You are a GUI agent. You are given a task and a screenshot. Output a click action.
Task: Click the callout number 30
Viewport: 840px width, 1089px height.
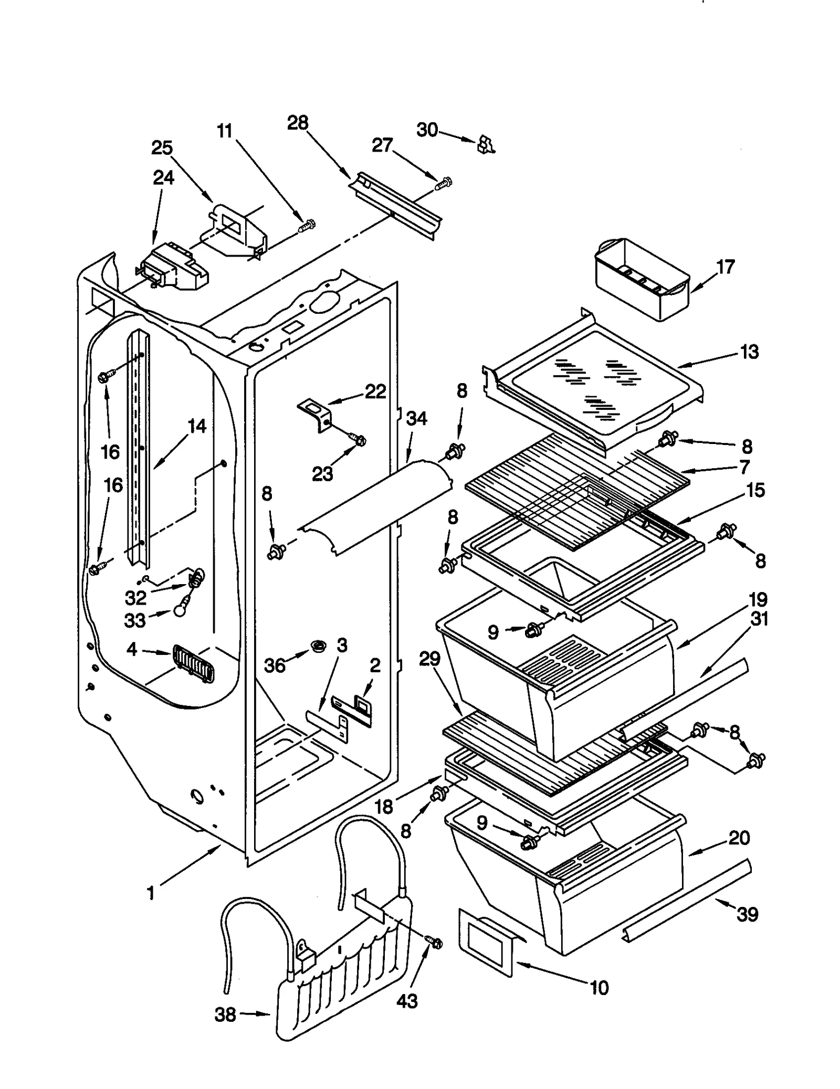pos(427,130)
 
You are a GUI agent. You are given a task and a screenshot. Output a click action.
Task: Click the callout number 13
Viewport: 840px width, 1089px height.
pos(749,352)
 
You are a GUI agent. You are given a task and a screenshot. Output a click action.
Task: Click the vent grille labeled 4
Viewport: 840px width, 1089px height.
pos(193,664)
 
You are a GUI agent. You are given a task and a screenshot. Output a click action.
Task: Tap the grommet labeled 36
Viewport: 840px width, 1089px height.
pos(317,646)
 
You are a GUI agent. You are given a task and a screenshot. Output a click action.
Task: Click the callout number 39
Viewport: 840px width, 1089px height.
pos(747,914)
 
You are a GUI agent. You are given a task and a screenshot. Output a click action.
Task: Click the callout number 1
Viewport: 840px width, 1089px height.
pos(151,893)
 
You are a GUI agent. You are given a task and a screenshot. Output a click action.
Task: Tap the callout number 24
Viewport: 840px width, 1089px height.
pos(163,177)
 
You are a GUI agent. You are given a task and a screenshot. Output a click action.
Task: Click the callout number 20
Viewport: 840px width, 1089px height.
pos(739,838)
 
